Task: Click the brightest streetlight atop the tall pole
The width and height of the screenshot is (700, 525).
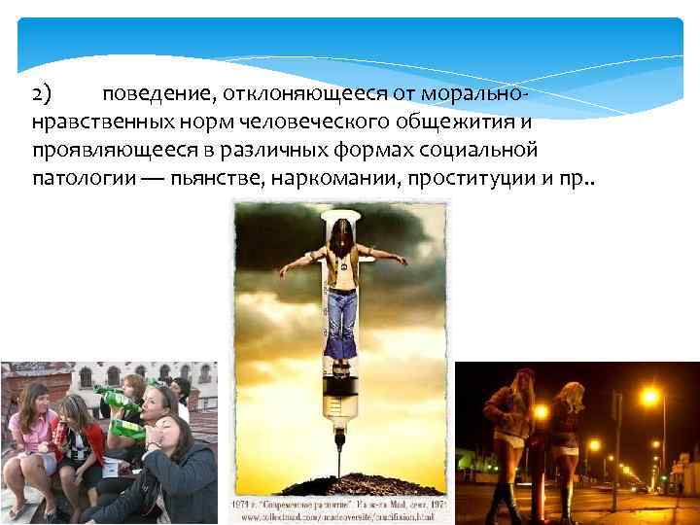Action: point(649,397)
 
